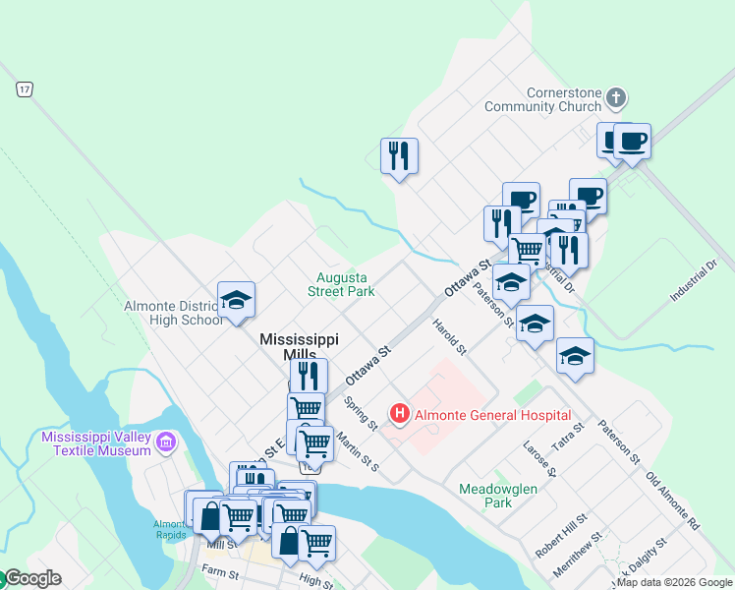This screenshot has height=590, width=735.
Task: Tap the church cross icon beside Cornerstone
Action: coord(616,97)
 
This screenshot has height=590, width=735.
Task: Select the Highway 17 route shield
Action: coord(24,89)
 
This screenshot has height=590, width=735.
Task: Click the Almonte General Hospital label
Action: coord(492,415)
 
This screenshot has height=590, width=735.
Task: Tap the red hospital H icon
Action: coord(400,414)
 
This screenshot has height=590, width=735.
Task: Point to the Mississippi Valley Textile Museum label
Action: coord(96,442)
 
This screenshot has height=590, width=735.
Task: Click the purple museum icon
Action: coord(166,442)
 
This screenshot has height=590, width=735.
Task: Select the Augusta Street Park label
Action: coord(341,285)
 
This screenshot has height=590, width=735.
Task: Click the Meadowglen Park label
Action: coord(485,495)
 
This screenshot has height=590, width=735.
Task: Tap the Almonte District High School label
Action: coord(174,313)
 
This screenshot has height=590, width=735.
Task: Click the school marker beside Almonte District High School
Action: coord(236,301)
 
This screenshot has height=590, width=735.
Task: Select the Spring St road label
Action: coord(361,413)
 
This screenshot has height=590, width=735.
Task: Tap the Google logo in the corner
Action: coord(31,578)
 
